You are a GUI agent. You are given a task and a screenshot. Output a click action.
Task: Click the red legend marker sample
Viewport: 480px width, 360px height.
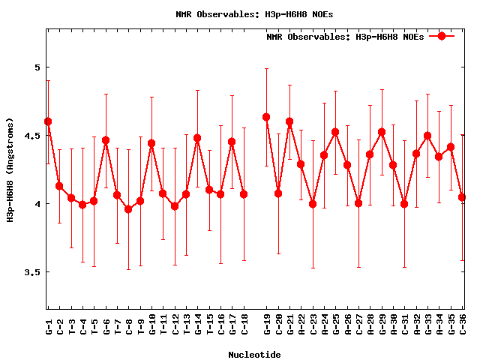[442, 36]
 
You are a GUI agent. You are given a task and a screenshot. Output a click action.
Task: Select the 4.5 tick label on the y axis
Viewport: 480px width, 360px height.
[31, 136]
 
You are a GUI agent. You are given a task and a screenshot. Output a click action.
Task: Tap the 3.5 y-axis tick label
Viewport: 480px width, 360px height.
[31, 272]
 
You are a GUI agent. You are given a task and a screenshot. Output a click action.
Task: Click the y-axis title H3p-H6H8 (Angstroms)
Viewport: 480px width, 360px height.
[11, 169]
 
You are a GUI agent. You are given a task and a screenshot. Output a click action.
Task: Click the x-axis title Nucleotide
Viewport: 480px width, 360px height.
[255, 355]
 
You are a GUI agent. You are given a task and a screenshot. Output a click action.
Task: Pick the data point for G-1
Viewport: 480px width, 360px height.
[48, 121]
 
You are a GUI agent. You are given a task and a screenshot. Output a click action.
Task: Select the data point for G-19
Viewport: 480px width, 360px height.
[266, 117]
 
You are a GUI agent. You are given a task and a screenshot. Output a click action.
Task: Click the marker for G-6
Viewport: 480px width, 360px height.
[106, 140]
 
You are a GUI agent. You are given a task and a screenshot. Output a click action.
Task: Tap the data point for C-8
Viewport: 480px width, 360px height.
[128, 209]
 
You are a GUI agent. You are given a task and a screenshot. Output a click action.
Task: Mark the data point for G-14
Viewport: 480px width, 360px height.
[197, 138]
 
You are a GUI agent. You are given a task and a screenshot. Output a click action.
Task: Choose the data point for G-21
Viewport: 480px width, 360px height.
[289, 121]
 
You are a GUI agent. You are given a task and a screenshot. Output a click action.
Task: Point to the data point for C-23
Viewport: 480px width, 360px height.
[313, 204]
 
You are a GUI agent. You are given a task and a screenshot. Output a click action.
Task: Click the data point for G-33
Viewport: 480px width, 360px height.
[427, 136]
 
